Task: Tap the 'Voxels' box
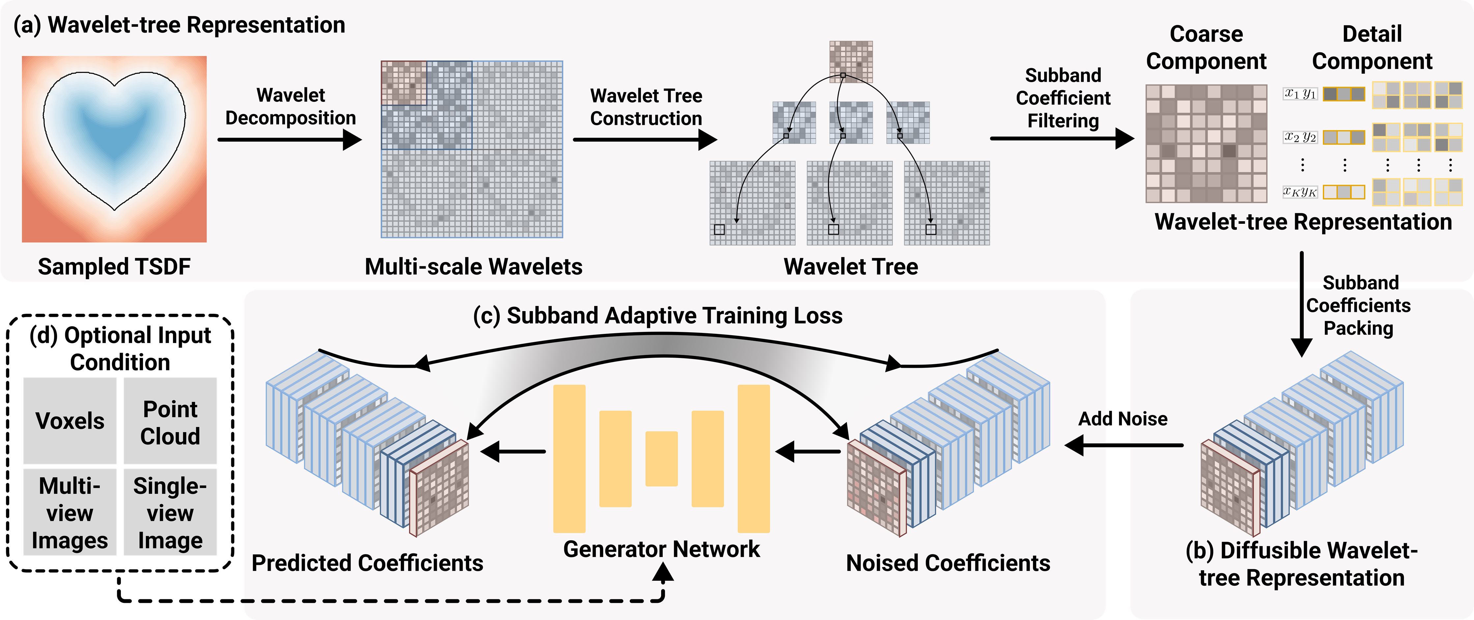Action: (x=70, y=421)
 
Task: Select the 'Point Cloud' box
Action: (x=170, y=421)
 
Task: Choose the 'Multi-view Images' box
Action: (x=70, y=512)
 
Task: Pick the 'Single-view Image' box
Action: (x=170, y=512)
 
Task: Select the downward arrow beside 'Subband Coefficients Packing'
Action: (x=1302, y=304)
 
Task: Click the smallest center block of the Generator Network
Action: (x=661, y=458)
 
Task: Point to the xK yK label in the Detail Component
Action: (x=1300, y=192)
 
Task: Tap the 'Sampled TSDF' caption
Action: (x=114, y=267)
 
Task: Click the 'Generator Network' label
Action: (x=661, y=549)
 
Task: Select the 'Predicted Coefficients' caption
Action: (x=367, y=563)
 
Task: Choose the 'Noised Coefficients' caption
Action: (x=948, y=563)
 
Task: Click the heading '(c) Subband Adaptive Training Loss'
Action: (x=657, y=315)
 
